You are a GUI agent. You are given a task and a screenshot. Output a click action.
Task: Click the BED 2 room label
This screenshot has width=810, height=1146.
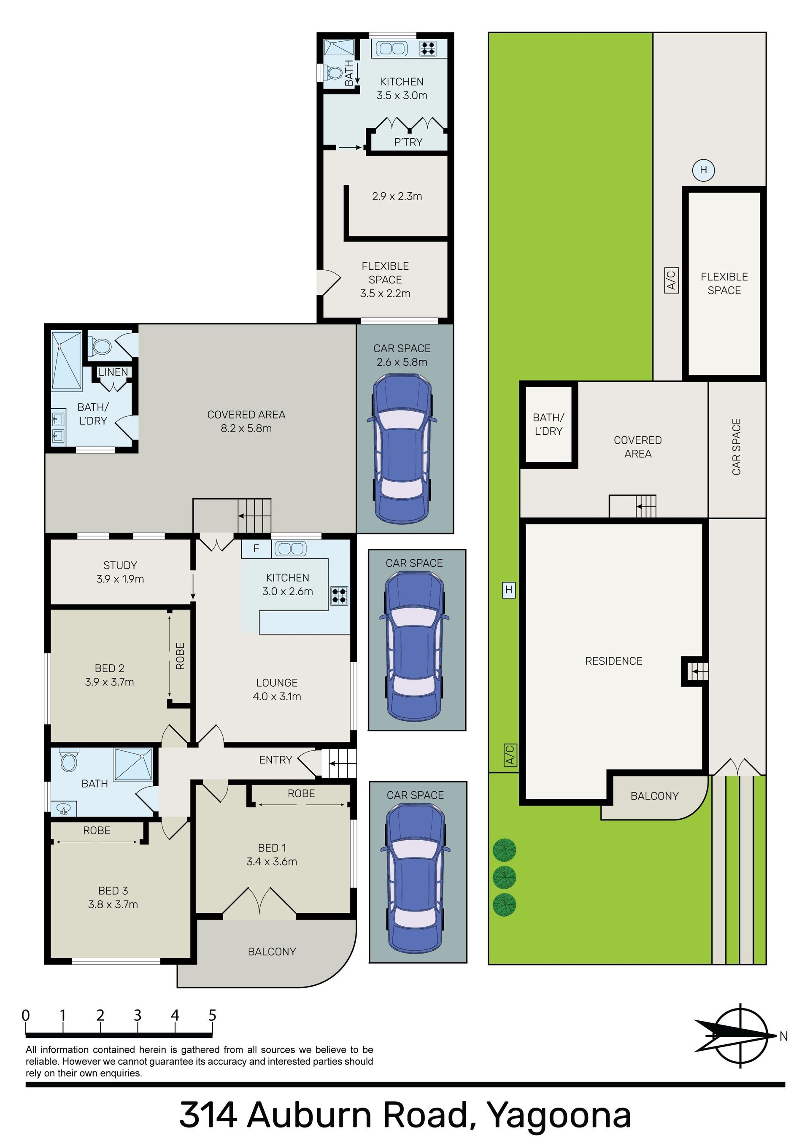coord(109,668)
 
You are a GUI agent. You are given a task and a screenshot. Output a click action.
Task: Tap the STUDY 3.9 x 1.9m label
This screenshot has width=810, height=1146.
coord(120,572)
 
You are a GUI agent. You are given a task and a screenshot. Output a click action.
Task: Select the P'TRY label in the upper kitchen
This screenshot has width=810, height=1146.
coord(408,142)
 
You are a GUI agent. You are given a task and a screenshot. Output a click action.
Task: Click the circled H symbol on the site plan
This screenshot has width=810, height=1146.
coord(703,170)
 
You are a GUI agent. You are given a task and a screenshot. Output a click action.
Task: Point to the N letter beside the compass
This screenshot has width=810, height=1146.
coord(783,1037)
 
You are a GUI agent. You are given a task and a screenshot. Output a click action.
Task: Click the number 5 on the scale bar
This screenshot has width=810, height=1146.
coord(212,1016)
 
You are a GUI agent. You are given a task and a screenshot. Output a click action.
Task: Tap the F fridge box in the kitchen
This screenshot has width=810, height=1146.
coord(256,549)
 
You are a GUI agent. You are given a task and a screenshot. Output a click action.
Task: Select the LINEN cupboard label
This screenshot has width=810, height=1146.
coord(113,372)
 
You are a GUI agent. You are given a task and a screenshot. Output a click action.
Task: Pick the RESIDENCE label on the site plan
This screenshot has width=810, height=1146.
coord(614,661)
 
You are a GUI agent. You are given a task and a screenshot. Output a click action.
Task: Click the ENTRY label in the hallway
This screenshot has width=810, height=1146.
coord(275,760)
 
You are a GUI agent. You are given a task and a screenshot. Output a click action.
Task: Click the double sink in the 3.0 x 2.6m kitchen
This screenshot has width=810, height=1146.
coord(290,549)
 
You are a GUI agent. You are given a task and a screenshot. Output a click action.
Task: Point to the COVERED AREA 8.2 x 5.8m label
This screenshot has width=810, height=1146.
coord(246,421)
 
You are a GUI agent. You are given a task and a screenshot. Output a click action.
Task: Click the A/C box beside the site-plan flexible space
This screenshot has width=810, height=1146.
coord(671,280)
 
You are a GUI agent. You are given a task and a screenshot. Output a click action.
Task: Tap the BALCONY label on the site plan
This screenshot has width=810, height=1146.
coord(654,796)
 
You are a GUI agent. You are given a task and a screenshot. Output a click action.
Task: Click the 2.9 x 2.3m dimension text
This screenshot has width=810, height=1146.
coord(397,196)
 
